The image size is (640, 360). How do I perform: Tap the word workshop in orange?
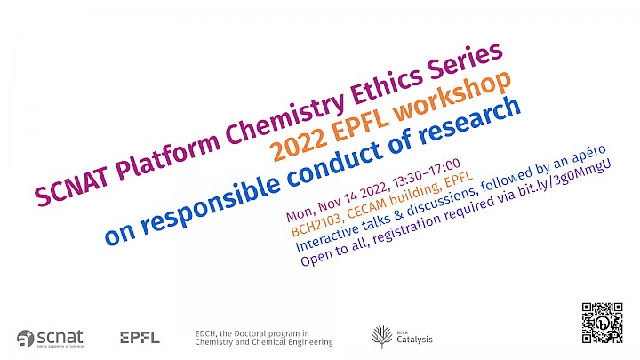(453, 96)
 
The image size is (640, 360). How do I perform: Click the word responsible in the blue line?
(211, 202)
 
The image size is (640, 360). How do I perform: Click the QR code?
(602, 323)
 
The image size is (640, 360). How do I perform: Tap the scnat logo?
(51, 339)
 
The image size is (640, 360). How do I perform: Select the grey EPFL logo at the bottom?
(140, 338)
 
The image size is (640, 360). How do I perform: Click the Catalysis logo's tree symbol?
(381, 336)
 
